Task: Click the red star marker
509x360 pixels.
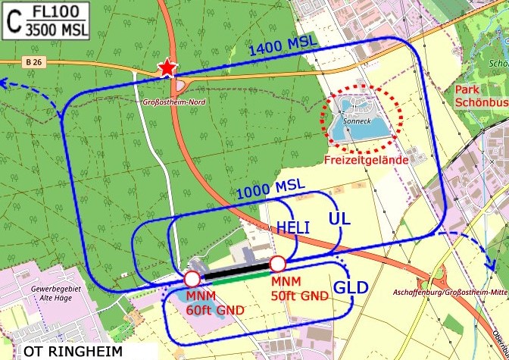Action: point(167,69)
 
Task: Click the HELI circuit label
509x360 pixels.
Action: point(293,227)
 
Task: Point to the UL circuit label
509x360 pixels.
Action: point(339,219)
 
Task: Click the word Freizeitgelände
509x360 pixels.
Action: point(366,160)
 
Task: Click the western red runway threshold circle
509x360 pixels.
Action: point(192,279)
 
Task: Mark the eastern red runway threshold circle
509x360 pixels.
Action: point(277,264)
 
